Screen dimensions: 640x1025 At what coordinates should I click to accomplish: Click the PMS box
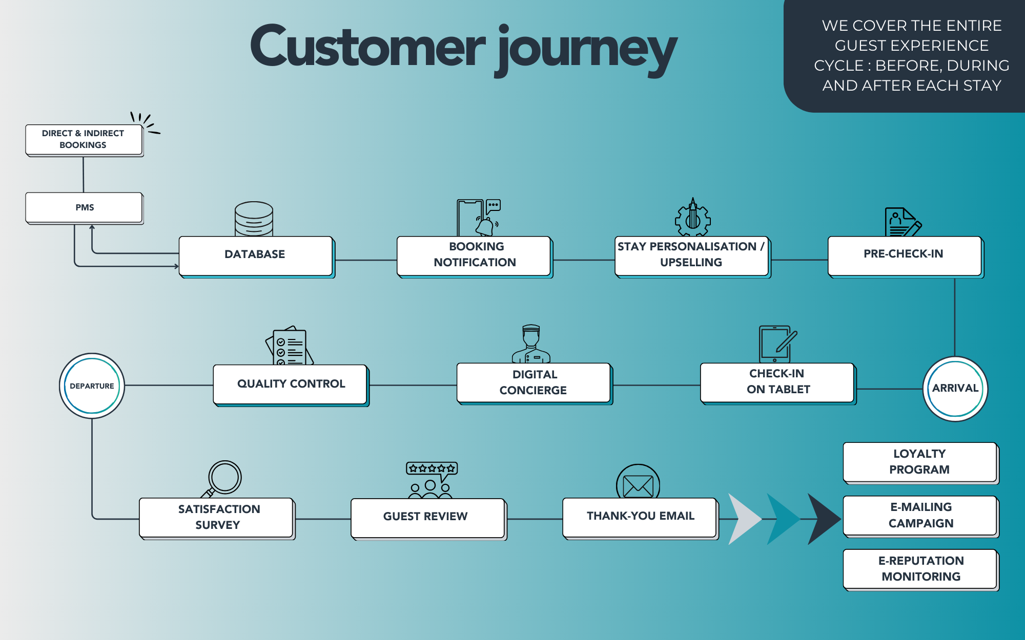[x=84, y=207]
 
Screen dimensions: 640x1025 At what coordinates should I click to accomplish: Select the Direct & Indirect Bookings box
[x=84, y=139]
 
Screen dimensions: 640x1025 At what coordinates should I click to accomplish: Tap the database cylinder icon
[x=254, y=219]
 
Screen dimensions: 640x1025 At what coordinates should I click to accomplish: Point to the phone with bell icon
[x=478, y=218]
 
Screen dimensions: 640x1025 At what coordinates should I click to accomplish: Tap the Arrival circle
[x=955, y=389]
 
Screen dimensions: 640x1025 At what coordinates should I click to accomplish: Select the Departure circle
[x=92, y=386]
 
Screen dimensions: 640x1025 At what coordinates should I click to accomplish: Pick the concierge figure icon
[x=531, y=344]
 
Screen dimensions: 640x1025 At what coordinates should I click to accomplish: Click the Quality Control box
[x=290, y=384]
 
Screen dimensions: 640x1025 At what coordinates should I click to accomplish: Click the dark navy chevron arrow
[x=823, y=519]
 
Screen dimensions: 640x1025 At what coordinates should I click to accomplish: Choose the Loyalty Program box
[x=920, y=462]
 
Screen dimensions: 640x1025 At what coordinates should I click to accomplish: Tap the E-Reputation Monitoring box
[x=920, y=569]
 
